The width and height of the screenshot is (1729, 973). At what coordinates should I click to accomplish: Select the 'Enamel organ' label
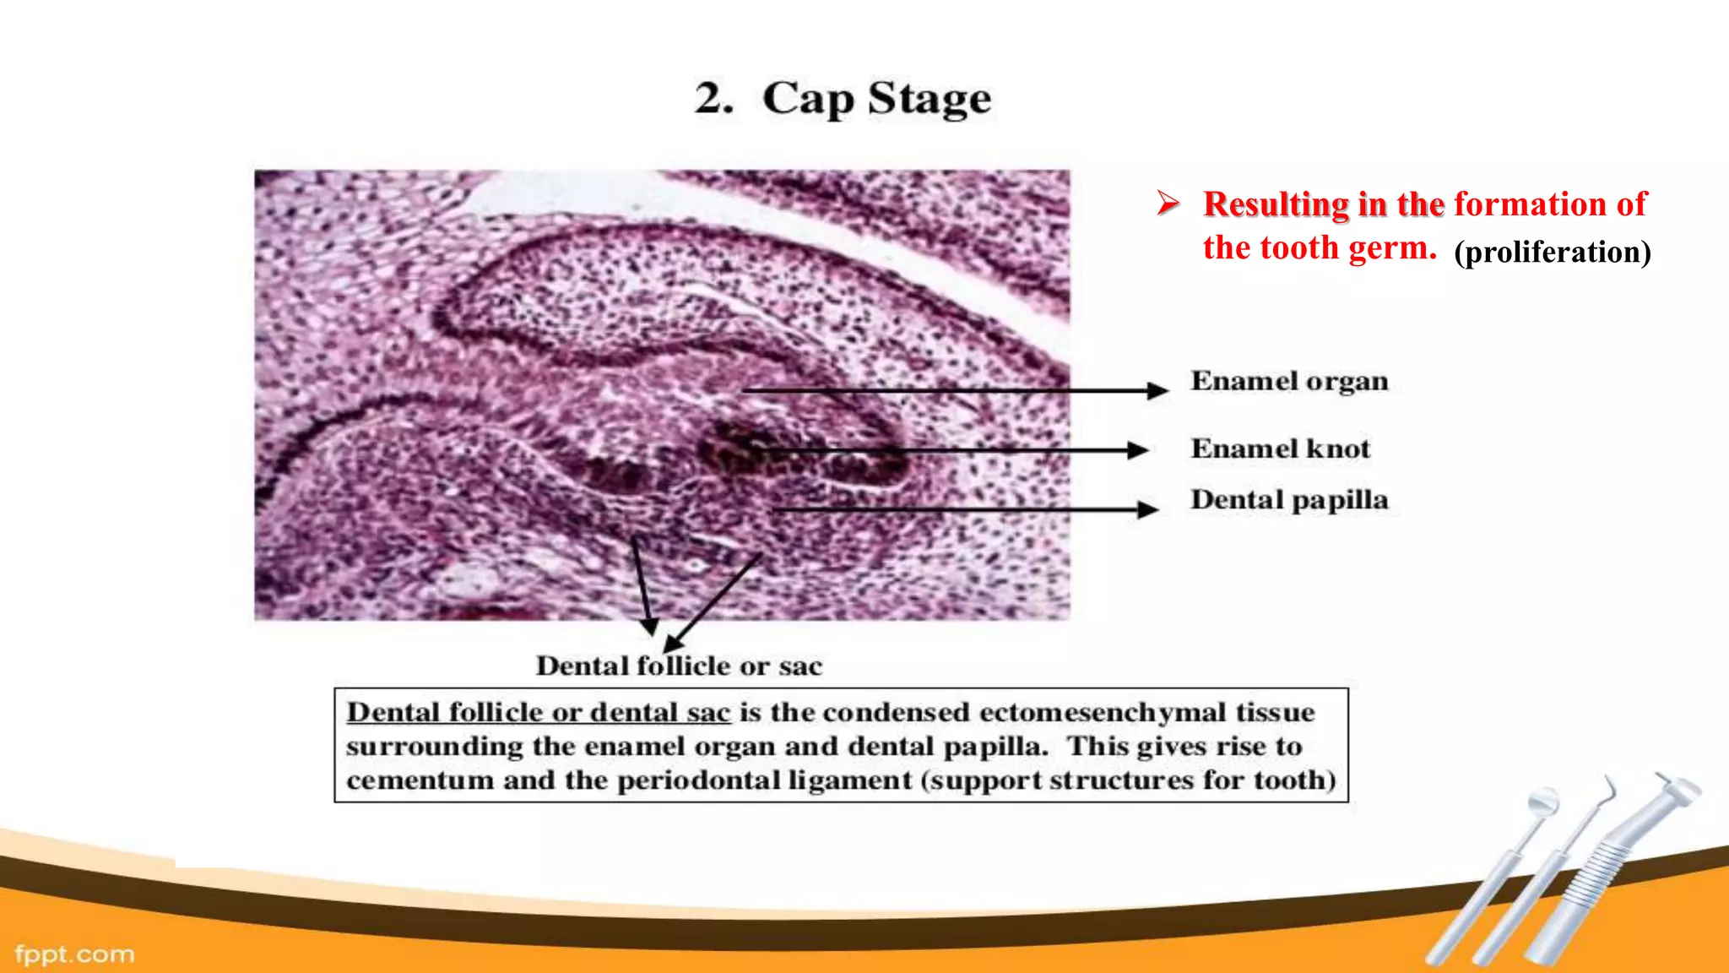pyautogui.click(x=1289, y=382)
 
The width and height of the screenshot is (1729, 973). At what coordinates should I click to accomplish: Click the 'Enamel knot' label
pyautogui.click(x=1280, y=448)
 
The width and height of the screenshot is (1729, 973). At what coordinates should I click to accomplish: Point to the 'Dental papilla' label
pyautogui.click(x=1289, y=500)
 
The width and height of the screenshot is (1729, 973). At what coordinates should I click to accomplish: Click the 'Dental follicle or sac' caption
pyautogui.click(x=679, y=666)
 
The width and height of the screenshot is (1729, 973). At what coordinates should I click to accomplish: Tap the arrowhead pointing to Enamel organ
pyautogui.click(x=1158, y=390)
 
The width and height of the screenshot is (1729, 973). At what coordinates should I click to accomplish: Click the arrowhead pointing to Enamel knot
pyautogui.click(x=1138, y=450)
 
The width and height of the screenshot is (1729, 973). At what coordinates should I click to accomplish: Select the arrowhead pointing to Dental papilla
pyautogui.click(x=1148, y=509)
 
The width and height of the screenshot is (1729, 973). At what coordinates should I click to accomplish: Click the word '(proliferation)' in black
pyautogui.click(x=1552, y=253)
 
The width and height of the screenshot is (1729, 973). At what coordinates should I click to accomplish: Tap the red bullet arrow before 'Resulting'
pyautogui.click(x=1168, y=204)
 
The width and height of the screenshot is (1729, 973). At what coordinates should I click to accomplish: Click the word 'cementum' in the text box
pyautogui.click(x=420, y=780)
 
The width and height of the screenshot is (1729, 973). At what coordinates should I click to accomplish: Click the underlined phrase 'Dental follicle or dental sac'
pyautogui.click(x=538, y=713)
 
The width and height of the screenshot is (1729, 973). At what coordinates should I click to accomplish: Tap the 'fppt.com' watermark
pyautogui.click(x=74, y=954)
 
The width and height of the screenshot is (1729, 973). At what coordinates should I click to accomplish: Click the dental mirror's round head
pyautogui.click(x=1543, y=800)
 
